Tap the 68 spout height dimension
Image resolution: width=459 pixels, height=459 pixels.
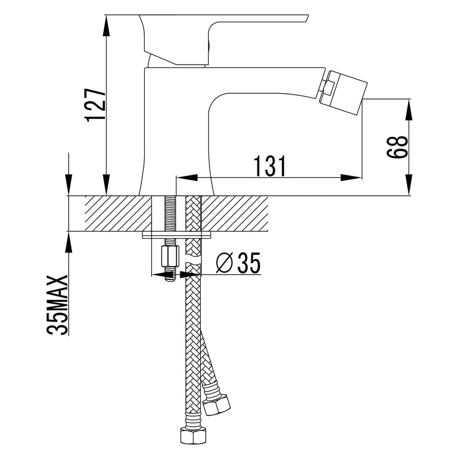tap(397, 147)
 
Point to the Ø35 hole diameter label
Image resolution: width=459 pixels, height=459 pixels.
tap(238, 263)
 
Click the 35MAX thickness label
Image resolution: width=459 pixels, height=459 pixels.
tap(57, 305)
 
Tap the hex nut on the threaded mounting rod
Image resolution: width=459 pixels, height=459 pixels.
tap(170, 257)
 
